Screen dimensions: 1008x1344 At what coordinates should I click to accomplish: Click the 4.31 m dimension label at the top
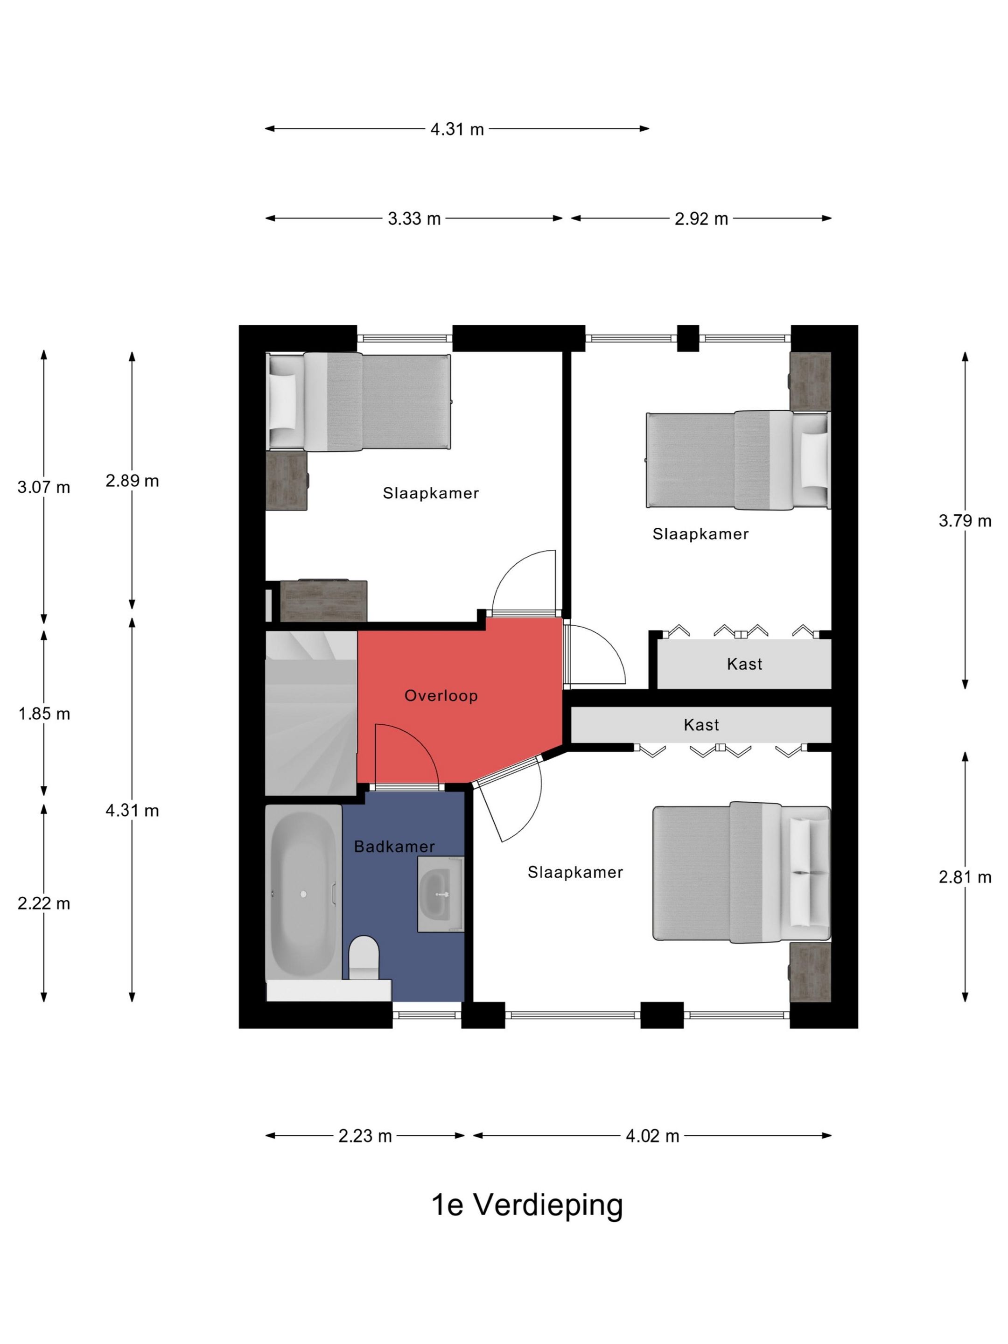click(x=457, y=129)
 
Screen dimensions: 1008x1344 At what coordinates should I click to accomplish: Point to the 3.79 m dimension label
click(x=965, y=520)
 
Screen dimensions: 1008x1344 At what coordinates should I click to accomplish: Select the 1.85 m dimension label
click(x=44, y=714)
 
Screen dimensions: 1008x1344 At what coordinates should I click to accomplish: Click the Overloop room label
click(x=441, y=696)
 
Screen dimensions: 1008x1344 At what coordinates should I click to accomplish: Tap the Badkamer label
click(x=394, y=847)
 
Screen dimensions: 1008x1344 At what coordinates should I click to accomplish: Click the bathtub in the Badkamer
click(x=304, y=893)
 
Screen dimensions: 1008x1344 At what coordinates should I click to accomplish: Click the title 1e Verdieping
click(x=527, y=1204)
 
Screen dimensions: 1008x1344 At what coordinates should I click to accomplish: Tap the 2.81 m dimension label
click(x=965, y=877)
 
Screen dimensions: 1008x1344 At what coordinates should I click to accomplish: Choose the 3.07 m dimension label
click(x=44, y=487)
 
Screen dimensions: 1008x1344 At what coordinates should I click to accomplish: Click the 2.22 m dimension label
click(x=44, y=903)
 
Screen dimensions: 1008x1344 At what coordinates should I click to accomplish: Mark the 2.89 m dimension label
click(x=133, y=481)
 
